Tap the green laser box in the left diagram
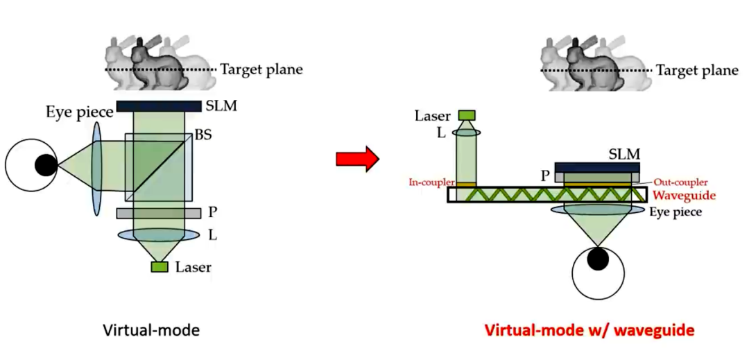(160, 266)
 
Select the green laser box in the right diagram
(466, 115)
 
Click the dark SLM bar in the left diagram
(159, 106)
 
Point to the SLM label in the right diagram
(624, 154)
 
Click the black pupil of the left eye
(46, 165)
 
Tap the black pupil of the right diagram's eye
(597, 259)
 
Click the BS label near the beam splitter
(203, 135)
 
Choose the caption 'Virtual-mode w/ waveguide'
(589, 329)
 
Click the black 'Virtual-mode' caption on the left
(151, 329)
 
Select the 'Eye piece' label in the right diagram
(675, 212)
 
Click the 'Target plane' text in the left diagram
(261, 70)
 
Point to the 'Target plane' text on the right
(697, 70)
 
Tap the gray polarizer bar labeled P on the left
(159, 213)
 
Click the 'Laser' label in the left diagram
(193, 266)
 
